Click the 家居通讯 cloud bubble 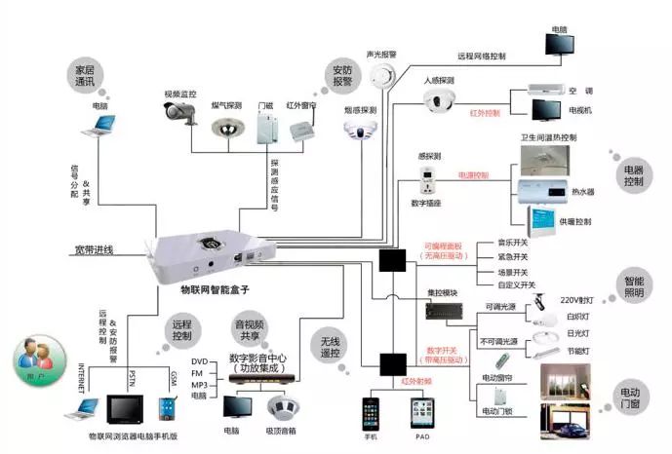86,77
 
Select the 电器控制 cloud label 633,174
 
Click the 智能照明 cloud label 635,287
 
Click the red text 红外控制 485,114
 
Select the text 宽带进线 94,250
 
